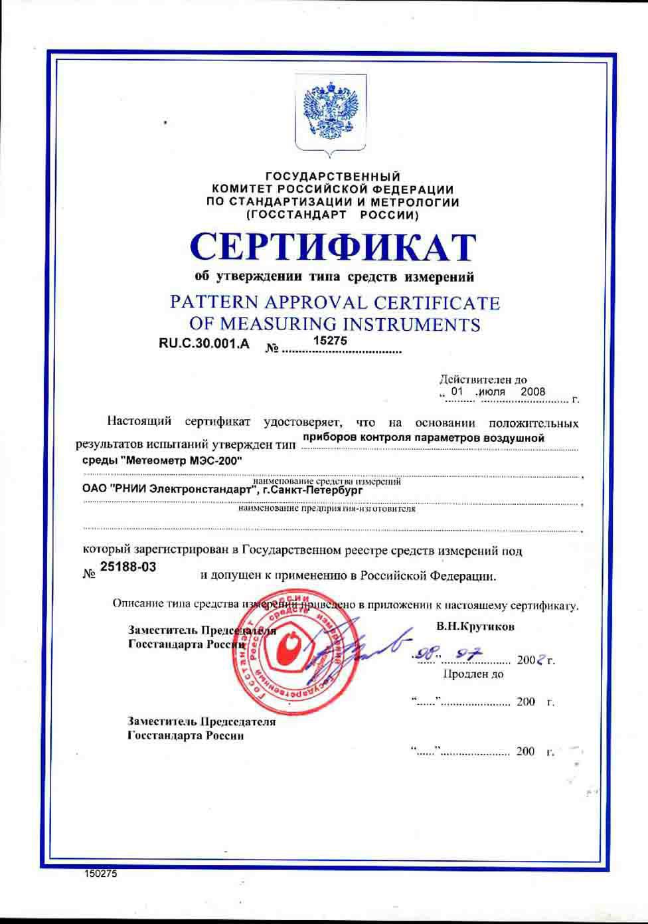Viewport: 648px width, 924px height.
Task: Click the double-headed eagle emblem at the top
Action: pos(330,112)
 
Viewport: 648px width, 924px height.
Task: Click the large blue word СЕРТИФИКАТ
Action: pos(333,246)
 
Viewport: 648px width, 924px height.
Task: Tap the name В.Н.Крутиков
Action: pos(475,626)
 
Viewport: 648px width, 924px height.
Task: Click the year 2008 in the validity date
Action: pos(532,391)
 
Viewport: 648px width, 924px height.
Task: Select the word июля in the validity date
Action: pos(491,391)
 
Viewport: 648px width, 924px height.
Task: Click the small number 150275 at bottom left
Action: pos(101,874)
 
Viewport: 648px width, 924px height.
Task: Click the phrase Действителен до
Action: pos(483,379)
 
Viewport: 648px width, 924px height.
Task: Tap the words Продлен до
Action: pos(473,674)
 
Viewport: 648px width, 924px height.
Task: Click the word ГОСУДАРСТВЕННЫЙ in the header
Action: pos(333,177)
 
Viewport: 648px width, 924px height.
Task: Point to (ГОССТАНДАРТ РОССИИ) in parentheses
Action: pos(332,215)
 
